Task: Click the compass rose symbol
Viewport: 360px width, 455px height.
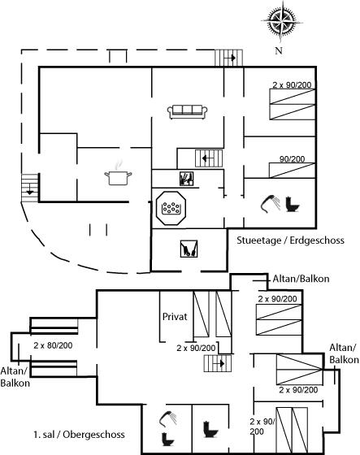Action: coord(281,22)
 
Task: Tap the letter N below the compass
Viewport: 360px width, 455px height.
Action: coord(279,50)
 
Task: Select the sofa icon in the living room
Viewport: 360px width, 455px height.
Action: coord(187,112)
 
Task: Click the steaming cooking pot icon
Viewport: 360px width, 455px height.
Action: coord(118,174)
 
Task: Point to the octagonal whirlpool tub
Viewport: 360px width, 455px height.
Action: coord(171,207)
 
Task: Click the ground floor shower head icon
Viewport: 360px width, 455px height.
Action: coord(270,204)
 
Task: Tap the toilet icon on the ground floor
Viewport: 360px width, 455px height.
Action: coord(293,204)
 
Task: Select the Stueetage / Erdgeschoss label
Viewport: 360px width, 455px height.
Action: coord(290,240)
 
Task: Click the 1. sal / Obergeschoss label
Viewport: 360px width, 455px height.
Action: coord(79,435)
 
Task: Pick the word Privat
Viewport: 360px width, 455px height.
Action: coord(175,317)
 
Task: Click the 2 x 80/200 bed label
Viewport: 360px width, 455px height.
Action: coord(53,345)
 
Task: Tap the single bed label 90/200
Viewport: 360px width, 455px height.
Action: coord(292,159)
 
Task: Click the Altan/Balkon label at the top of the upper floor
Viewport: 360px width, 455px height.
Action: coord(301,279)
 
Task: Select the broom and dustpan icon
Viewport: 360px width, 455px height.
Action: coord(189,249)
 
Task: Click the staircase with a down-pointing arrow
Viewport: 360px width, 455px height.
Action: coord(29,188)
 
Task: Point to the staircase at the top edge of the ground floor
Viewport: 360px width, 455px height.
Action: coord(228,58)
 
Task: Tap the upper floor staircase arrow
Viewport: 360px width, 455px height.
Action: coord(219,363)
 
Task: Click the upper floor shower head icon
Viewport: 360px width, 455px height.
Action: coord(168,418)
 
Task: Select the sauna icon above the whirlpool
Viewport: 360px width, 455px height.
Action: coord(186,179)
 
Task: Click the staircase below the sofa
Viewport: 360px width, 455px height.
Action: coord(209,158)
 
